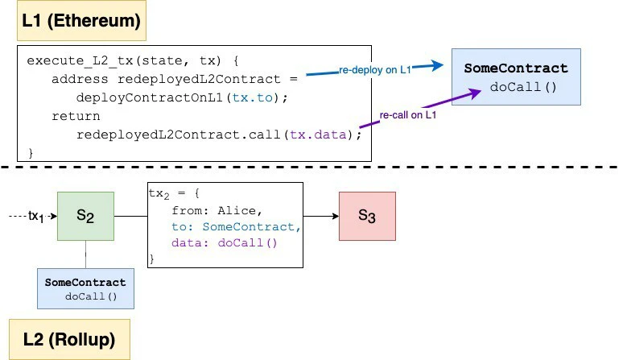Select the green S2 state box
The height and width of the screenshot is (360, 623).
[85, 216]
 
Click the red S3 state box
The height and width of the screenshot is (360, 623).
[367, 216]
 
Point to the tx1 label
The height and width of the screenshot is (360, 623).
[36, 216]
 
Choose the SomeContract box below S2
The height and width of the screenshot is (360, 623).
[85, 288]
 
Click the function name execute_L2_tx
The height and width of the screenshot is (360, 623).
[76, 60]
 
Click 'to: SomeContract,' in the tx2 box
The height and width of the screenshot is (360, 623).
[236, 227]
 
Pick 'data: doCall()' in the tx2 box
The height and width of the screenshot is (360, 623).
[224, 242]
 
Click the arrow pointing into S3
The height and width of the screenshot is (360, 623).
[322, 216]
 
